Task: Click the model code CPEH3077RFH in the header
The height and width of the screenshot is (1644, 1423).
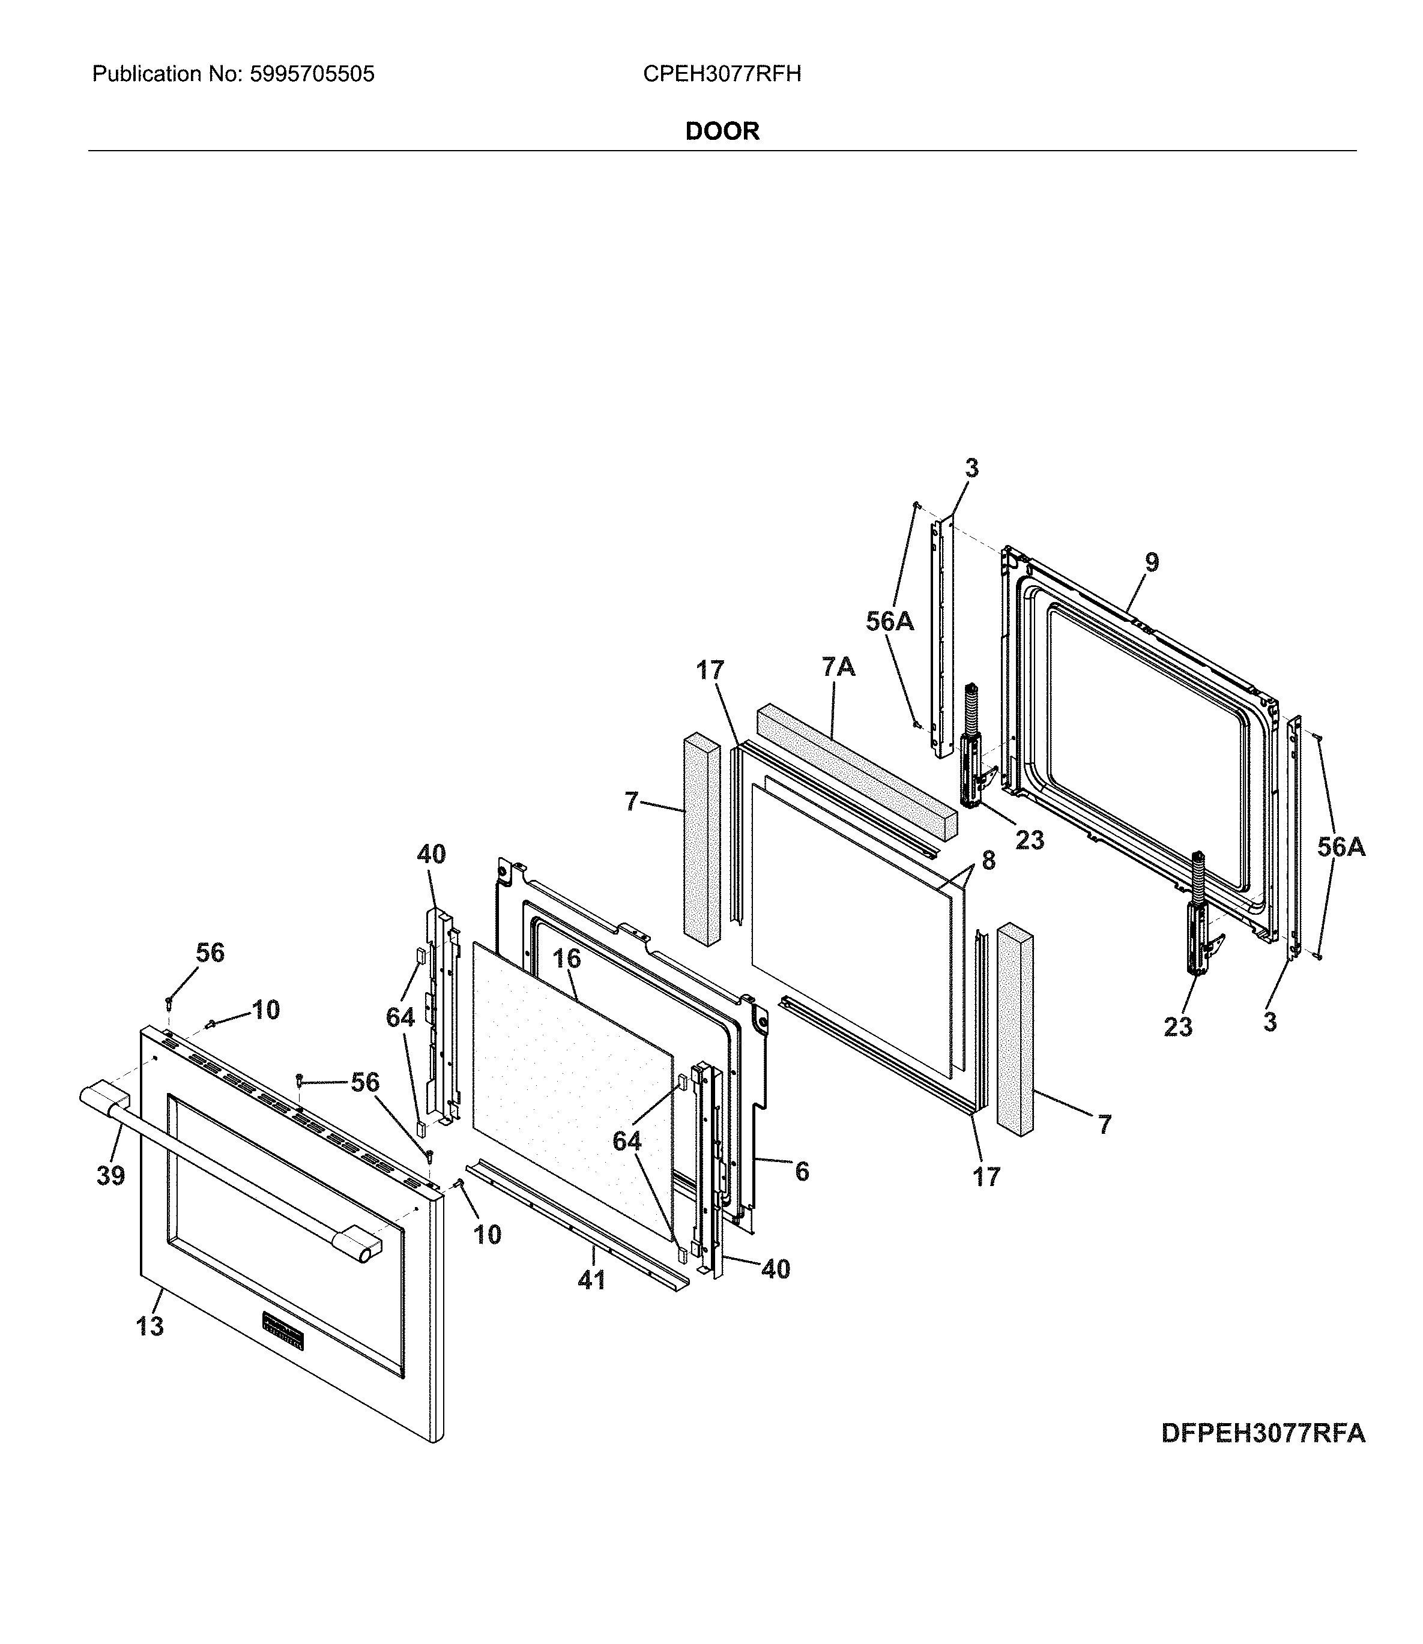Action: pos(721,74)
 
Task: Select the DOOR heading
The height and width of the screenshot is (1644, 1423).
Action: pos(722,131)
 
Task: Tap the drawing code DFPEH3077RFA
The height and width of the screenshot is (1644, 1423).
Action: pos(1263,1433)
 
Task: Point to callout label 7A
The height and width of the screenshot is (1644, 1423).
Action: pos(839,667)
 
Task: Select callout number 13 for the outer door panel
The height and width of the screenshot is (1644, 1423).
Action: pos(150,1326)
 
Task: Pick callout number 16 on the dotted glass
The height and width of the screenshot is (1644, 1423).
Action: pos(567,959)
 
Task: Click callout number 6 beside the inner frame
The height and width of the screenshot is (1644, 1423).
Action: pos(802,1172)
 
